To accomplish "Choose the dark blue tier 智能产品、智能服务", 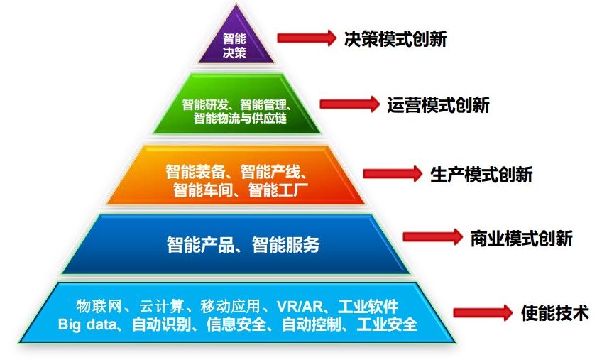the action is pos(235,245).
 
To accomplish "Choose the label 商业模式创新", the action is pos(521,237).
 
